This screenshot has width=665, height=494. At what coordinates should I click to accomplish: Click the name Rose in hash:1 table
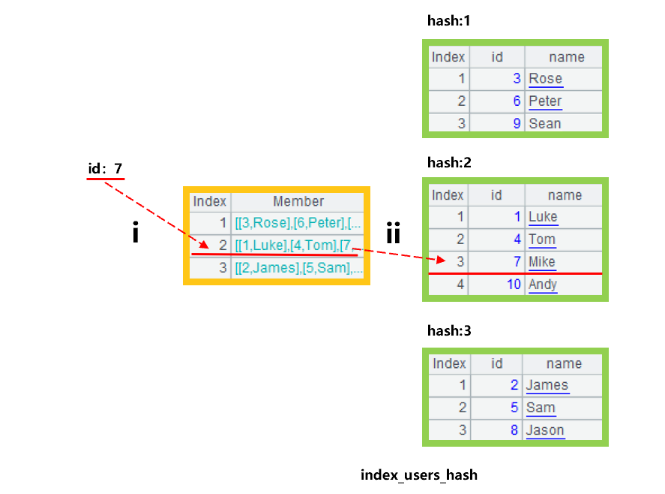point(545,79)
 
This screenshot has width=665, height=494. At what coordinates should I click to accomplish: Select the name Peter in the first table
point(545,101)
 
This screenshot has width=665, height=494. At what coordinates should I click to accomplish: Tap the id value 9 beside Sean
point(517,124)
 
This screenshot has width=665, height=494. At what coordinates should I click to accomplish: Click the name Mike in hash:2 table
point(542,262)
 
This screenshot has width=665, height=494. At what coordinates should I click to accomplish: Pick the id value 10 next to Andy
point(513,285)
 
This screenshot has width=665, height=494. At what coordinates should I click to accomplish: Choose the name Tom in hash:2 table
point(541,239)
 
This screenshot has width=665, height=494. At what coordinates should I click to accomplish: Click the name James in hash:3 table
point(547,385)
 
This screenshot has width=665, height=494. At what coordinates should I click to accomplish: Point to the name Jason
point(545,430)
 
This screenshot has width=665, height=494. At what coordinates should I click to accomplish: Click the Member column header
point(298,201)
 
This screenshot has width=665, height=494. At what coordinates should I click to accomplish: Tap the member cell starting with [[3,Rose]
point(298,223)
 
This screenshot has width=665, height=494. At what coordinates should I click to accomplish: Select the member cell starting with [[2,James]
point(298,268)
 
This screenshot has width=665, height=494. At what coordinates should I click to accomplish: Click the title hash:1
point(448,21)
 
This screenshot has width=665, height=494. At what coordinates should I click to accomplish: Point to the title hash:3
point(448,330)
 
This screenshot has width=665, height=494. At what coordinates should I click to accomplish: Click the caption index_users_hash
point(418,474)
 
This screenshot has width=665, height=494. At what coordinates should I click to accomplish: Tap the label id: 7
point(105,169)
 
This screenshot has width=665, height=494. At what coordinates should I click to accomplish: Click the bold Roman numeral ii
point(394,233)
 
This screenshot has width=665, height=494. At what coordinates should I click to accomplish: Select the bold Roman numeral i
point(136,233)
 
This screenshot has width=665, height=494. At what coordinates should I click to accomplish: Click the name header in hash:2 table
point(565,195)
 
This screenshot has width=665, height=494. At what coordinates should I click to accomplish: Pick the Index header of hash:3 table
point(449,363)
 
